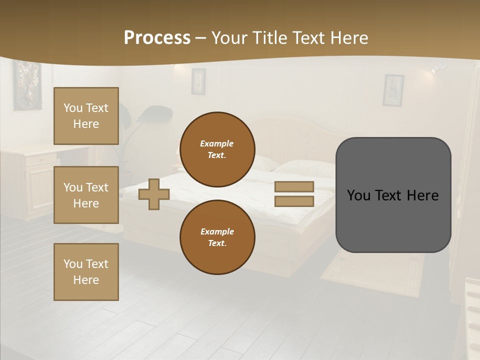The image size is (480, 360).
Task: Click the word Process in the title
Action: [x=157, y=38]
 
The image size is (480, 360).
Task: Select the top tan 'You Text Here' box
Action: [x=86, y=116]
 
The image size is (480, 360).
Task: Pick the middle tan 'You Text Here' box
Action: [x=86, y=195]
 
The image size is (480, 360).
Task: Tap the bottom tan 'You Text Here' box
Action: [x=86, y=272]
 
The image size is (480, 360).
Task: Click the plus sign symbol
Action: [x=154, y=194]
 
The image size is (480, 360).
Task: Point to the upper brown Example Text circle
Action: [x=217, y=149]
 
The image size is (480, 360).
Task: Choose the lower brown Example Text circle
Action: [x=217, y=237]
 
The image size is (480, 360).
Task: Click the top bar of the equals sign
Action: [x=294, y=187]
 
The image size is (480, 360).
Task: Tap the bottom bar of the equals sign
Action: [x=294, y=201]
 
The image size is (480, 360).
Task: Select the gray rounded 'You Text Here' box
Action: [x=393, y=195]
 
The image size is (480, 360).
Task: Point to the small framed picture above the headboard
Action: [x=198, y=81]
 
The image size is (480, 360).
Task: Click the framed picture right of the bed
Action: [x=393, y=90]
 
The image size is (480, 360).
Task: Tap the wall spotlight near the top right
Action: [x=438, y=68]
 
